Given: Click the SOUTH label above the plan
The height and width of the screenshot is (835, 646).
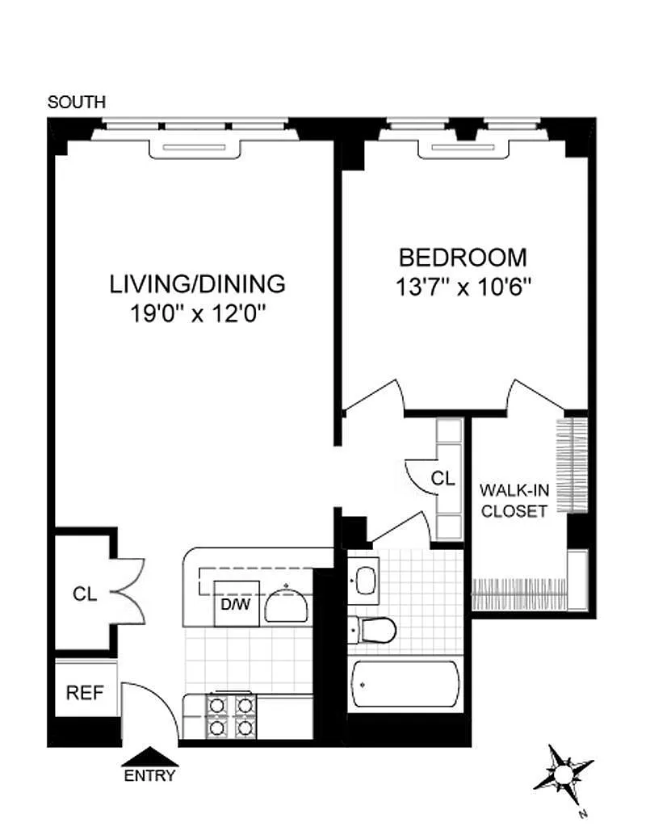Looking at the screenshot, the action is pyautogui.click(x=77, y=102).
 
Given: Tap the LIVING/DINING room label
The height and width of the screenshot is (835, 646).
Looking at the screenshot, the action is pyautogui.click(x=198, y=283).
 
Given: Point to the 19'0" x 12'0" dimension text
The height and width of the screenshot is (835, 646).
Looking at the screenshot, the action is pyautogui.click(x=198, y=313).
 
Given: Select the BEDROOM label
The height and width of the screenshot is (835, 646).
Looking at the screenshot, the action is pyautogui.click(x=463, y=258).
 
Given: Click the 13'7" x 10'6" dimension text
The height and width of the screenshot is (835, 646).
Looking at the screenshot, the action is pyautogui.click(x=464, y=287).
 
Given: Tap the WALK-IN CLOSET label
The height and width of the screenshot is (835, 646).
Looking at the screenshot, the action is pyautogui.click(x=514, y=501).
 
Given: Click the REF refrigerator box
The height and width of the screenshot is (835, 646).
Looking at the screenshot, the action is pyautogui.click(x=86, y=691).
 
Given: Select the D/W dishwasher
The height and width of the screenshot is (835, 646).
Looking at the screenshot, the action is pyautogui.click(x=237, y=604).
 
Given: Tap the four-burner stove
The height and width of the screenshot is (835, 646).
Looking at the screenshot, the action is pyautogui.click(x=231, y=716).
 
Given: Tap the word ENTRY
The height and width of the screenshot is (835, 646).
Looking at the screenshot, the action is pyautogui.click(x=149, y=776).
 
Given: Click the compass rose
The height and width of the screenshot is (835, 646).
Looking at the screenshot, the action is pyautogui.click(x=562, y=773).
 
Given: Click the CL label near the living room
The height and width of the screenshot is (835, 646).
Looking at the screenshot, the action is pyautogui.click(x=86, y=594).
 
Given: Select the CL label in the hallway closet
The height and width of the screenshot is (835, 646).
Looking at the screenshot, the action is pyautogui.click(x=443, y=478).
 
